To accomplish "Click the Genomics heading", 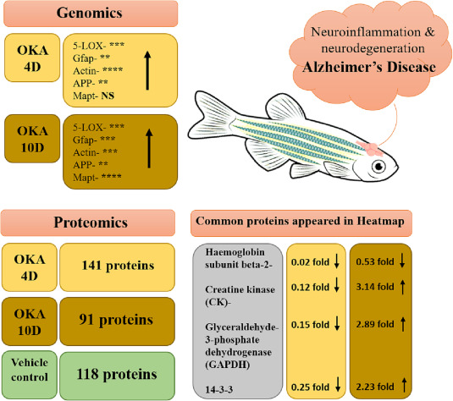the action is click(90, 13).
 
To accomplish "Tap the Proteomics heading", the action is click(91, 222).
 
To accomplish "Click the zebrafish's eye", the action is click(378, 166).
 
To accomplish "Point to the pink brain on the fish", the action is click(369, 148).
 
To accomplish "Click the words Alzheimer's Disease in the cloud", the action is click(369, 68).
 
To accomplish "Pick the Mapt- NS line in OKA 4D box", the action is click(94, 96).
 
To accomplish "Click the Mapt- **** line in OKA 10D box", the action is click(97, 177).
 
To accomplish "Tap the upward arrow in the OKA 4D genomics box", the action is click(147, 70).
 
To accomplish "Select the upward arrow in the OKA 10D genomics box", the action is click(149, 148).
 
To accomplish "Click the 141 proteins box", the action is click(118, 267).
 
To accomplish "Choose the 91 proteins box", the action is click(118, 321).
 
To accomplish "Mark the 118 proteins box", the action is click(118, 376).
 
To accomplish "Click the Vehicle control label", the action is click(30, 370).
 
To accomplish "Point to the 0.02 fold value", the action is click(310, 262).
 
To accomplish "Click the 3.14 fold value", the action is click(375, 287).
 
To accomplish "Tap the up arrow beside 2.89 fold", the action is click(403, 324).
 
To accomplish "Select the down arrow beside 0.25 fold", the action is click(337, 384).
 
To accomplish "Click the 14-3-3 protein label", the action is click(219, 390).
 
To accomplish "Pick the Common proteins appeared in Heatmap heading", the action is click(300, 221).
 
